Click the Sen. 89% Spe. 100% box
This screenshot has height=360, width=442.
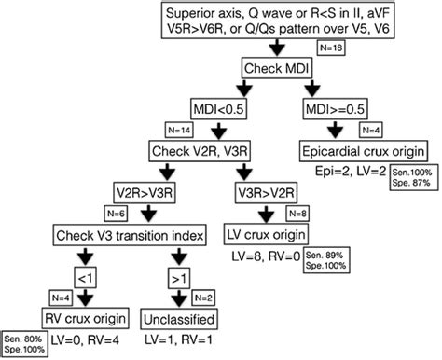click(x=323, y=260)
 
